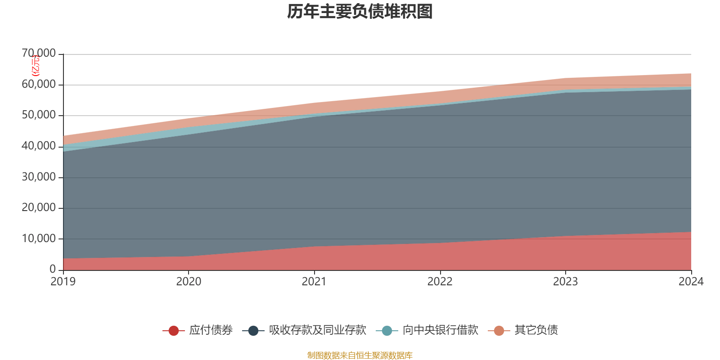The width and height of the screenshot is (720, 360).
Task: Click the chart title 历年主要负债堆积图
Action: point(360,12)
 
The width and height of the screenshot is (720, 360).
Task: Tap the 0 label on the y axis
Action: point(53,269)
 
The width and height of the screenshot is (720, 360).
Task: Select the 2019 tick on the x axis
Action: point(63,281)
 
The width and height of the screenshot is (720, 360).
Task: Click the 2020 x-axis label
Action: point(189,281)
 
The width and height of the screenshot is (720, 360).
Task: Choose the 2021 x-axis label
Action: point(314,281)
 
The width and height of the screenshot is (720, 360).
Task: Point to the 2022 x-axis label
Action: point(440,281)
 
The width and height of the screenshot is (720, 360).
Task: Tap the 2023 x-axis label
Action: point(565,281)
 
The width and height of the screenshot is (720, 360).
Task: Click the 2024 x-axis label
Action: point(691,281)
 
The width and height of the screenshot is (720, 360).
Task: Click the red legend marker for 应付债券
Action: point(174,331)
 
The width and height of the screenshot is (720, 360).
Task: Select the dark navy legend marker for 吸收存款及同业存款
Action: point(253,331)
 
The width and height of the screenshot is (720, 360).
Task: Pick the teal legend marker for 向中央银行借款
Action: point(387,331)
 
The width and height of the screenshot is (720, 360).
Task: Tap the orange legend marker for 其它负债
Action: point(499,331)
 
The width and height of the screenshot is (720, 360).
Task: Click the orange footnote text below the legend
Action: point(360,355)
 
